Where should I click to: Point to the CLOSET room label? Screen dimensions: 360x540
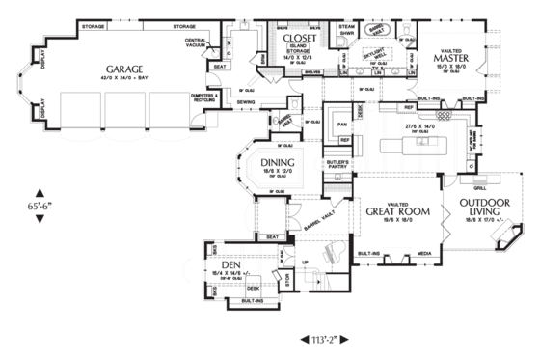296,37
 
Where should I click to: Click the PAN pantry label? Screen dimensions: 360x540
340,124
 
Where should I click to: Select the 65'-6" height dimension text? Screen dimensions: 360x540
40,206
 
